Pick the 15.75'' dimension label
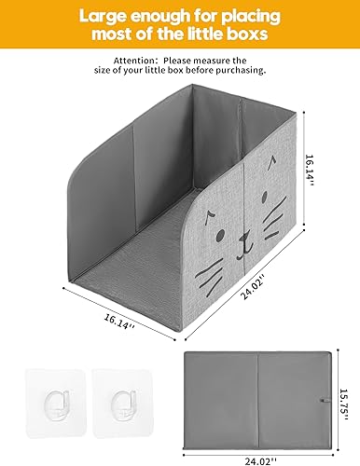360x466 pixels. (343, 400)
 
